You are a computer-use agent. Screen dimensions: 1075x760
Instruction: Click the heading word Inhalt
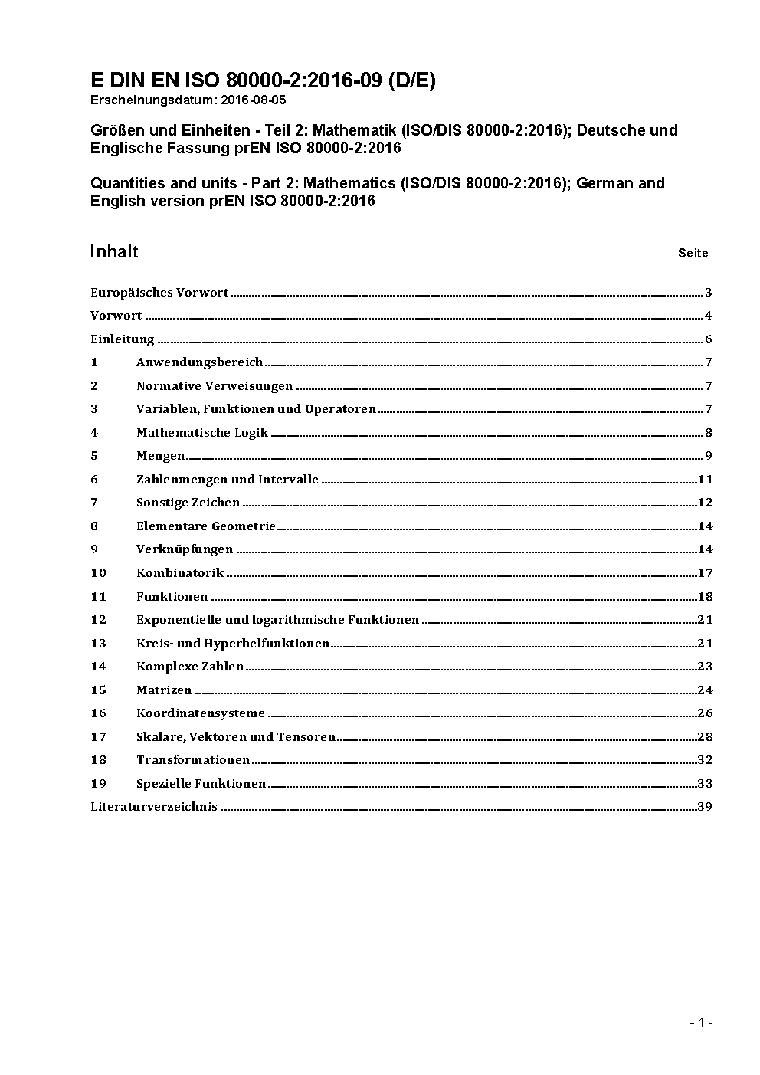[x=114, y=252]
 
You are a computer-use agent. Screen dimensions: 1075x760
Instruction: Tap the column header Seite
[x=693, y=254]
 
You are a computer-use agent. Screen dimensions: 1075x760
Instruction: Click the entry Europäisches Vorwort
[x=159, y=293]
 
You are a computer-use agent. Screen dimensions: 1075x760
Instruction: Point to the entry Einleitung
[x=123, y=339]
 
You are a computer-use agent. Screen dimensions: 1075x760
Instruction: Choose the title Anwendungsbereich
[x=199, y=362]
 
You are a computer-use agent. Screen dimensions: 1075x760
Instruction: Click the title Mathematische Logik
[x=202, y=433]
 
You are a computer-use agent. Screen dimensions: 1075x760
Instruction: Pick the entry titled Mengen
[x=160, y=456]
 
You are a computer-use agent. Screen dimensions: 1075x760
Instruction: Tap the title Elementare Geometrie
[x=205, y=526]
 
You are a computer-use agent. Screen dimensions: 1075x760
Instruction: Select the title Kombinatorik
[x=180, y=573]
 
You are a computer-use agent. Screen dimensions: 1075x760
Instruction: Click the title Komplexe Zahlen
[x=190, y=667]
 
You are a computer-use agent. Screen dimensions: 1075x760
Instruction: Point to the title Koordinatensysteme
[x=201, y=713]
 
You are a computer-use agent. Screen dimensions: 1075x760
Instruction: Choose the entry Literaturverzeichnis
[x=154, y=807]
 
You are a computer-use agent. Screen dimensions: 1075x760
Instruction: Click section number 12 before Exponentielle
[x=98, y=620]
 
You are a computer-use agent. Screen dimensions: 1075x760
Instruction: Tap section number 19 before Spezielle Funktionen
[x=98, y=784]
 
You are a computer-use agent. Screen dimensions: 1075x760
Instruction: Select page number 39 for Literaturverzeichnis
[x=705, y=807]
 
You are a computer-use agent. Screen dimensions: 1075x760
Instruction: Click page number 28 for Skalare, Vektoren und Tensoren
[x=705, y=737]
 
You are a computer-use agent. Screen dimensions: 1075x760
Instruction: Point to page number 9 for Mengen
[x=709, y=456]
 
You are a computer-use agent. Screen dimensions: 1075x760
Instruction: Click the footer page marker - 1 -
[x=701, y=1022]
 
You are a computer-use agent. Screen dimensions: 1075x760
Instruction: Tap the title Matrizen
[x=164, y=690]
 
